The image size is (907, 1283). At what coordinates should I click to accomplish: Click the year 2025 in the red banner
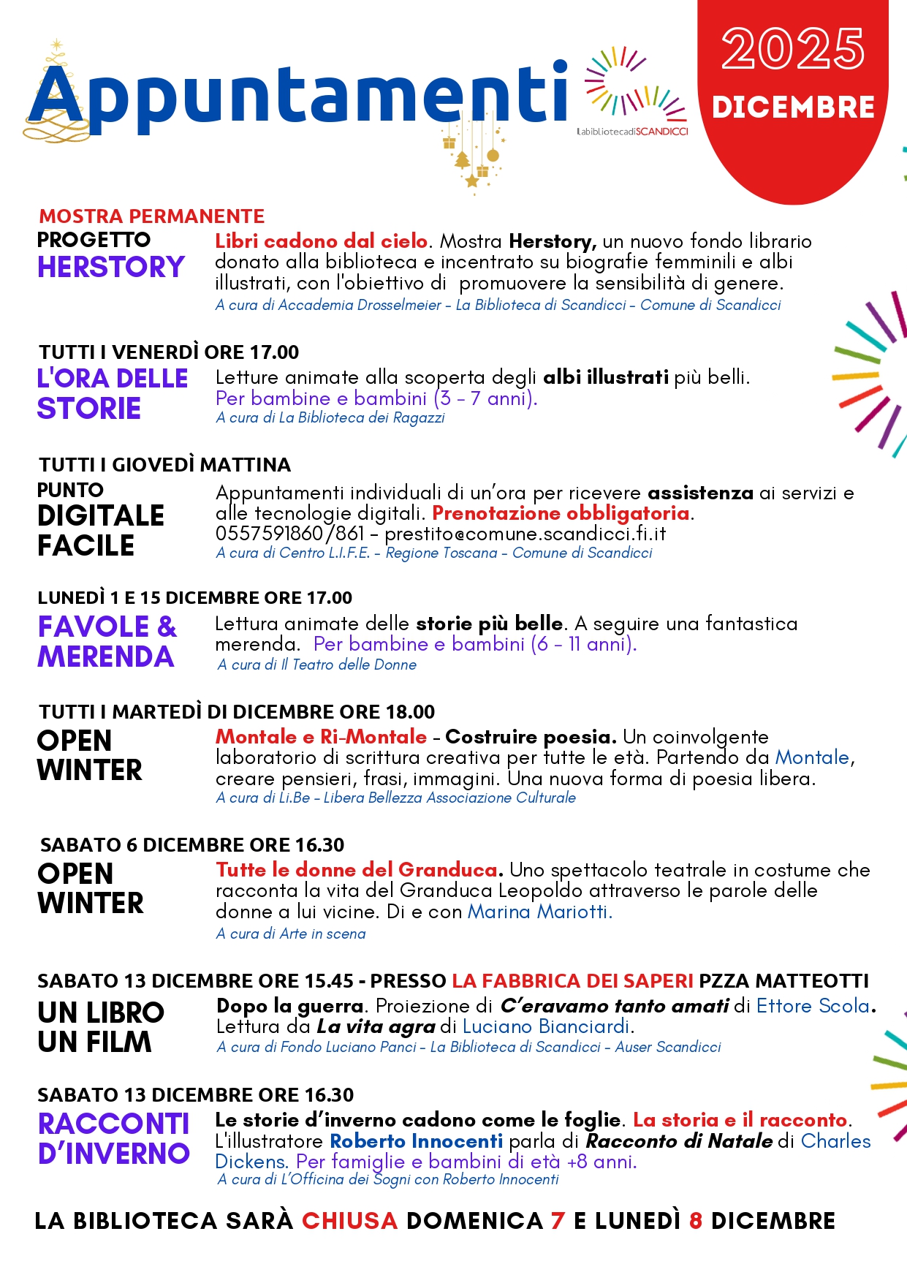(x=793, y=49)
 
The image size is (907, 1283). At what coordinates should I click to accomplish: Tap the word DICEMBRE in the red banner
(x=793, y=107)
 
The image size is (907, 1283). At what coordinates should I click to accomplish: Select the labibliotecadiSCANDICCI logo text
(x=632, y=132)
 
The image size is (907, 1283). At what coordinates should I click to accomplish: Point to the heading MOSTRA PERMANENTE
(x=152, y=216)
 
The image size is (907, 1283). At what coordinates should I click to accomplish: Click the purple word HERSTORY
(x=111, y=268)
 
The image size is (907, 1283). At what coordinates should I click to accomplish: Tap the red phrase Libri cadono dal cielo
(x=321, y=241)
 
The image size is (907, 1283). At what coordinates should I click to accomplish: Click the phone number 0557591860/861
(x=289, y=534)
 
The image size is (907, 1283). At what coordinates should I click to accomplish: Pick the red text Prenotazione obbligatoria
(x=561, y=513)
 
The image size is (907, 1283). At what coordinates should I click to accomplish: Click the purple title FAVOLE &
(x=107, y=627)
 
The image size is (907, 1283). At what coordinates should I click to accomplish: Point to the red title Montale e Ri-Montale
(x=321, y=737)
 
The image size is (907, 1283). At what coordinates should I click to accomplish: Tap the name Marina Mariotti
(x=539, y=912)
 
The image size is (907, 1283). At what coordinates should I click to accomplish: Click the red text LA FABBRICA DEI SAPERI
(x=572, y=981)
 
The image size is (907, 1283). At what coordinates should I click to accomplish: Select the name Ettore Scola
(x=813, y=1006)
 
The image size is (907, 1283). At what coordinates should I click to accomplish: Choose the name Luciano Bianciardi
(x=546, y=1026)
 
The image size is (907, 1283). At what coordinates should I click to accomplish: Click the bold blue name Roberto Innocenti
(x=416, y=1141)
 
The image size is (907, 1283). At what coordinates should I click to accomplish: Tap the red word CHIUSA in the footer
(x=349, y=1221)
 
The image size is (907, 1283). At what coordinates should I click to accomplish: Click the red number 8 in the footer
(x=695, y=1221)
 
